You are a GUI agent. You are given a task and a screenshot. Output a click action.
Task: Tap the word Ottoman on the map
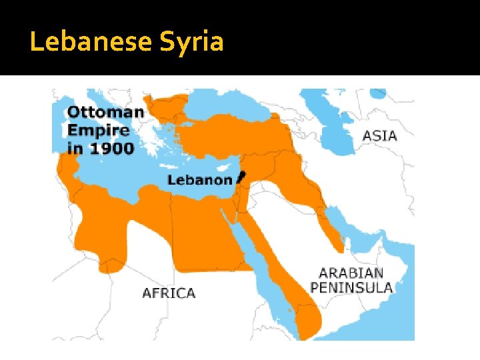[x=105, y=111]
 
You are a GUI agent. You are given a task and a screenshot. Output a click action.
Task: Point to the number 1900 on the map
[x=110, y=148]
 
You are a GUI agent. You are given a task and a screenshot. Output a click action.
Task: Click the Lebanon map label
[x=199, y=179]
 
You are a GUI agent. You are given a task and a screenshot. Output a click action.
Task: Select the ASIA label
[x=379, y=136]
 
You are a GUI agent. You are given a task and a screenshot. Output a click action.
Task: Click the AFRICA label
[x=169, y=293]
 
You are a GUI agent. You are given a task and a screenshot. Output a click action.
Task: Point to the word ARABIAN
[x=351, y=273]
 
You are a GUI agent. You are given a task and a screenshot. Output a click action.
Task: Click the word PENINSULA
[x=351, y=288]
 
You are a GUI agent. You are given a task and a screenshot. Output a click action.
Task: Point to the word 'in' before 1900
[x=75, y=148]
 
